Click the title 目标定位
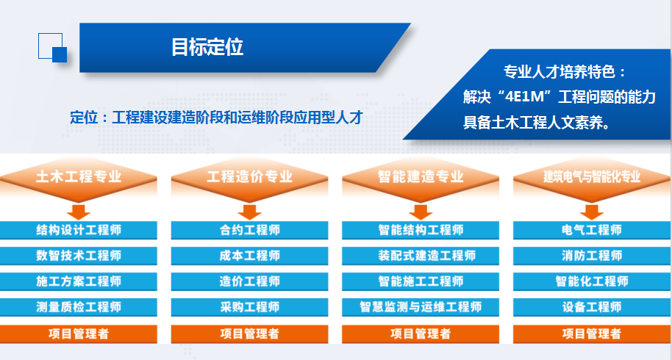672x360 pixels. pos(207,47)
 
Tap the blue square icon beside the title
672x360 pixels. pos(53,48)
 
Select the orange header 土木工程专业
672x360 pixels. pos(79,177)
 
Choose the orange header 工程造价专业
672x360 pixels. pos(249,177)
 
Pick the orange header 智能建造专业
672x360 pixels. pos(421,177)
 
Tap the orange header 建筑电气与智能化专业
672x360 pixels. pos(592,177)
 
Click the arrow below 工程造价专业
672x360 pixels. pos(249,212)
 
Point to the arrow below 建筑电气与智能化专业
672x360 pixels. pos(592,212)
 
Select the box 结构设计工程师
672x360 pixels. pos(79,230)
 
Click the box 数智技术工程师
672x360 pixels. pos(79,256)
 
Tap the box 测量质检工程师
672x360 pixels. pos(79,307)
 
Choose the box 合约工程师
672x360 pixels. pos(249,230)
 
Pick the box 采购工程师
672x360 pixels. pos(249,307)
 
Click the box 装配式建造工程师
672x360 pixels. pos(421,256)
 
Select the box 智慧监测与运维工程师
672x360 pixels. pos(421,307)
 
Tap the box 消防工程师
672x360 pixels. pos(592,256)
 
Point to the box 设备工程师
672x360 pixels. pos(592,307)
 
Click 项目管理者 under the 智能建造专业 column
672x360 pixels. pos(421,334)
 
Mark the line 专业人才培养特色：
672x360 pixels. pos(565,72)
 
